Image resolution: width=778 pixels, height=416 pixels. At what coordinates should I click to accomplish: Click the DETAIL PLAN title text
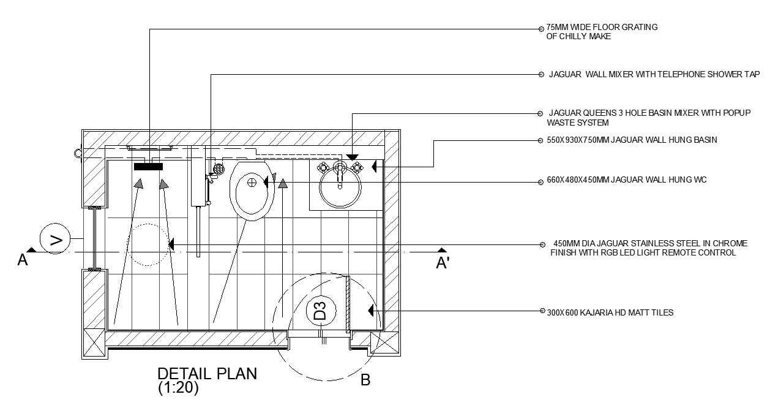pyautogui.click(x=207, y=374)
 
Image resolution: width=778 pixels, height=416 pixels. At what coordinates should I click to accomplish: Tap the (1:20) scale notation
pyautogui.click(x=178, y=388)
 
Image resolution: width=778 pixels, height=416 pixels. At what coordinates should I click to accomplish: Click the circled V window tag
pyautogui.click(x=55, y=240)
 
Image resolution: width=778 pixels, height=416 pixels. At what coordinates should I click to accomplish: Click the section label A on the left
pyautogui.click(x=23, y=261)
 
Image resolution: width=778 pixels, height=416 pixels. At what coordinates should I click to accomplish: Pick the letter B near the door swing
pyautogui.click(x=365, y=380)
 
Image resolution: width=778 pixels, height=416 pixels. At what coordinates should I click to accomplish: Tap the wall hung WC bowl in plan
pyautogui.click(x=250, y=189)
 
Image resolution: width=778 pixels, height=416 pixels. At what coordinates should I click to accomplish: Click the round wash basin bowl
pyautogui.click(x=341, y=188)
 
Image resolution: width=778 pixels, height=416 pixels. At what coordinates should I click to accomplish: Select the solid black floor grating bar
pyautogui.click(x=148, y=166)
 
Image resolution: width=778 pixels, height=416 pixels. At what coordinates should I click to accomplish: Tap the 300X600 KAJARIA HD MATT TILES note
pyautogui.click(x=610, y=312)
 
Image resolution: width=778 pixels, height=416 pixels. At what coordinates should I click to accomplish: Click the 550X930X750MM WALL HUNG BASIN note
pyautogui.click(x=631, y=140)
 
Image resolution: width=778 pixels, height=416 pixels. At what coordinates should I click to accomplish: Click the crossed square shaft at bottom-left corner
pyautogui.click(x=95, y=343)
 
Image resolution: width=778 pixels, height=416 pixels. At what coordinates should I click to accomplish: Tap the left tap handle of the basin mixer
pyautogui.click(x=323, y=167)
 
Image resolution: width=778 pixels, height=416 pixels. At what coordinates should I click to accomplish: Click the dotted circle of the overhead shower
pyautogui.click(x=147, y=244)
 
